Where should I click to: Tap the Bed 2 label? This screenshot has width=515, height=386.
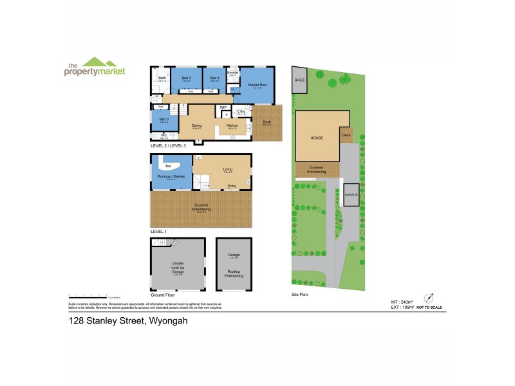185,78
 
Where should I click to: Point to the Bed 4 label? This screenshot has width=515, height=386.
215,78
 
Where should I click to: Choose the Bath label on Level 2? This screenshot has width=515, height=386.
162,78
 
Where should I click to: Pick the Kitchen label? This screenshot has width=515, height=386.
232,125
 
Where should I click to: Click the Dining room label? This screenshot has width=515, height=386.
198,125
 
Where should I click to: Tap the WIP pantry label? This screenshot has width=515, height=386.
223,107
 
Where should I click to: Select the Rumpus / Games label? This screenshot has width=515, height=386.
167,176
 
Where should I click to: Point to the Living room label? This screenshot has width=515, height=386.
227,170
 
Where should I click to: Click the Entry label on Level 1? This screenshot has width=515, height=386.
231,187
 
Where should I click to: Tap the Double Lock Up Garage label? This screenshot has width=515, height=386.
178,265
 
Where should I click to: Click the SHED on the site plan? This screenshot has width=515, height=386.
299,80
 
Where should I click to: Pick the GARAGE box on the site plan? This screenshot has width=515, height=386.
351,194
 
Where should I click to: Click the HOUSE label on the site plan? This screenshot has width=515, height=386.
316,138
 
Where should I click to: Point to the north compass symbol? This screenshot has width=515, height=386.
427,298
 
